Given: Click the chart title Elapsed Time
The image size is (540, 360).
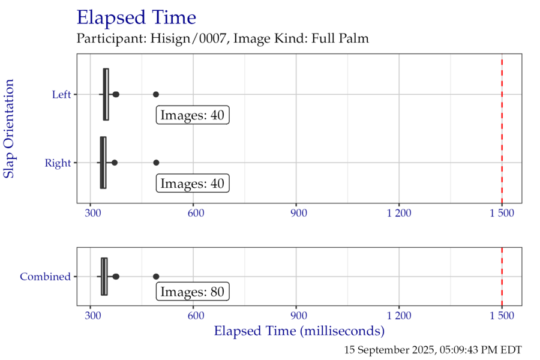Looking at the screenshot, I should tap(136, 18).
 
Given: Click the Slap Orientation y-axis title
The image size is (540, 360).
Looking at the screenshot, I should tap(9, 128).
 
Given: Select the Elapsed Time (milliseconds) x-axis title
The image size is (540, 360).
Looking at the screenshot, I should tap(299, 331).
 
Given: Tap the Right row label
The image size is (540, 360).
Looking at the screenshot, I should tap(58, 163).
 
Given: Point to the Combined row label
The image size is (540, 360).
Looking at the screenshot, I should tap(46, 277).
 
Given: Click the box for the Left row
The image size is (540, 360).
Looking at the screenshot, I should tap(106, 94).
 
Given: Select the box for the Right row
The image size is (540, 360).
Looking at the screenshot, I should tap(103, 163).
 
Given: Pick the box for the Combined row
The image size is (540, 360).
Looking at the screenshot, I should tap(104, 277).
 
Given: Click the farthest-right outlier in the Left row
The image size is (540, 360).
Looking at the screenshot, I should tap(156, 94).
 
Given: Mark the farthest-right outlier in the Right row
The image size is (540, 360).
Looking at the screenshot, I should tap(156, 163).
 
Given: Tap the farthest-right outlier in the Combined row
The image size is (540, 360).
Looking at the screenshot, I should tap(156, 277).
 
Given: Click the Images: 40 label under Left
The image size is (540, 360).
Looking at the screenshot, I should tap(193, 115).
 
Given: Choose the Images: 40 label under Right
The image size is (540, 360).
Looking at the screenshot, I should tap(193, 184).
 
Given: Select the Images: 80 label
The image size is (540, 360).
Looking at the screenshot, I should tap(193, 292).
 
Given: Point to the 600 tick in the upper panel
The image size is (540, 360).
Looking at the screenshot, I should tap(193, 212).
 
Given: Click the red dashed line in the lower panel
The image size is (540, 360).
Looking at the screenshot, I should tap(502, 277).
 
